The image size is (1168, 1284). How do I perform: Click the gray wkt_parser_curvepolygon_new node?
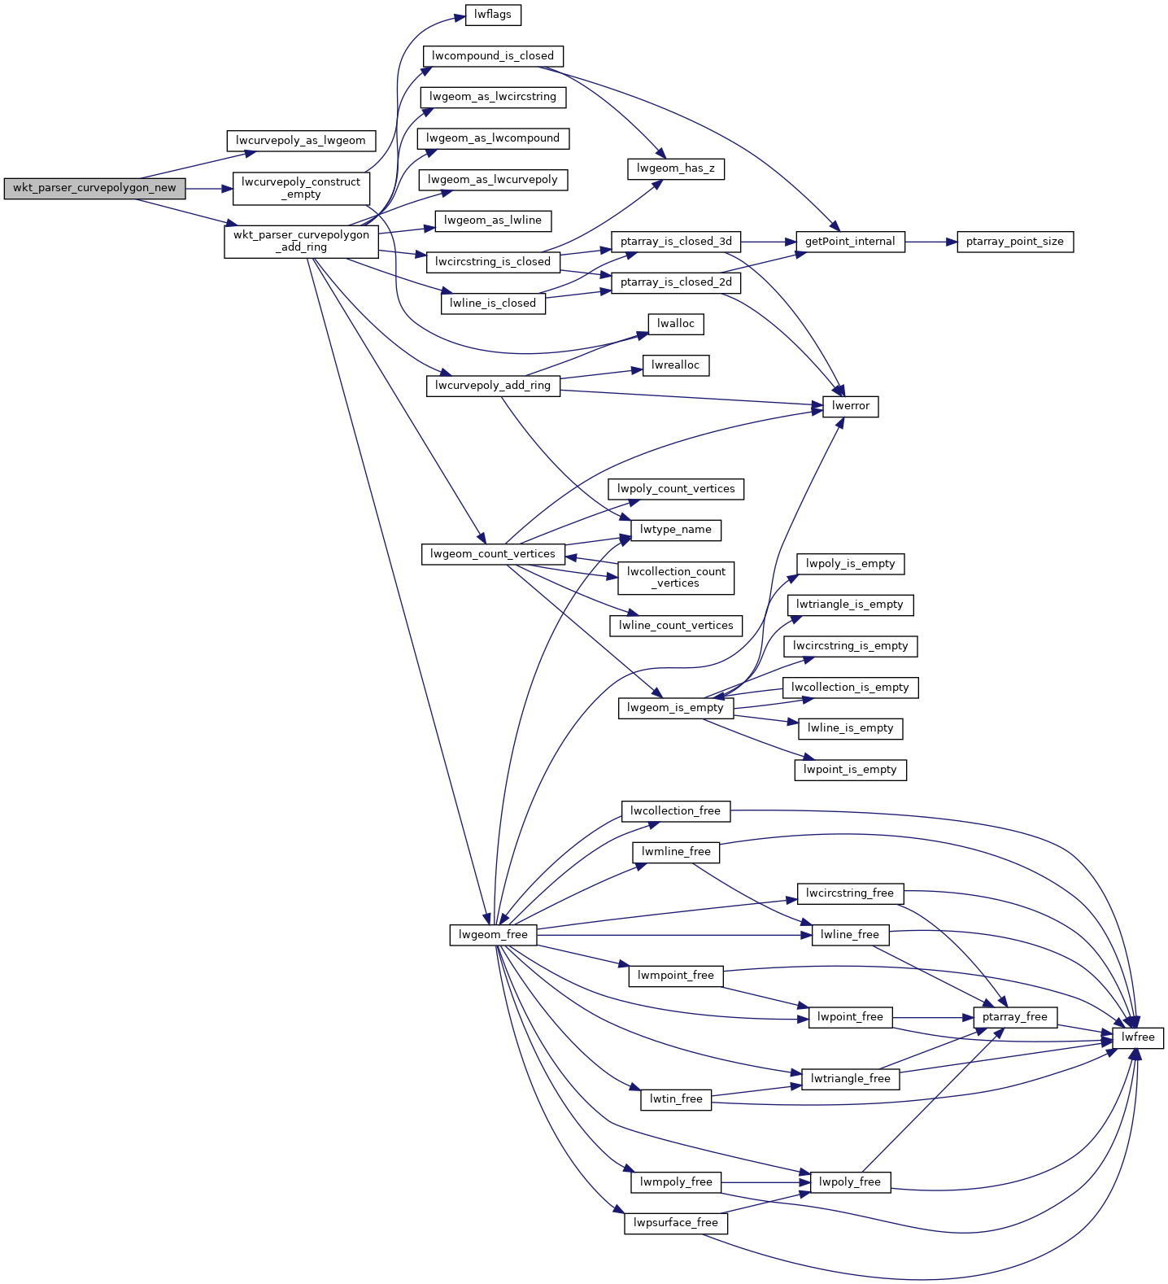94,188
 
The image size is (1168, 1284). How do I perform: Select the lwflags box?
493,15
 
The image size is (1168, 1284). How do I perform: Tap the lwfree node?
1137,1037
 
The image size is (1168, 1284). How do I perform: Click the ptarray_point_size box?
1014,242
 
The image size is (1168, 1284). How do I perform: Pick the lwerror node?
850,406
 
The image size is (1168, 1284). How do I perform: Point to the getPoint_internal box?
849,242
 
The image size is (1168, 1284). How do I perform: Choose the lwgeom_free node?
493,935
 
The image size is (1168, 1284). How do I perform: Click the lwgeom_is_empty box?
675,708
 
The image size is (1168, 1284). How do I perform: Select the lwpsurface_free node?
675,1223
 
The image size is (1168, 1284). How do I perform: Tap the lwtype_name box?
675,530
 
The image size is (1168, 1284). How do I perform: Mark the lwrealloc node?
675,365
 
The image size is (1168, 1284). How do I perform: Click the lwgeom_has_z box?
675,168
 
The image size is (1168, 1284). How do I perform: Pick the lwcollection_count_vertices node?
675,578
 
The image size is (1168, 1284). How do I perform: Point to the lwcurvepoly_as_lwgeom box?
300,141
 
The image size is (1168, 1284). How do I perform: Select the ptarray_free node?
1014,1017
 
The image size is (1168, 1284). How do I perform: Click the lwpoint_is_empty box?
849,770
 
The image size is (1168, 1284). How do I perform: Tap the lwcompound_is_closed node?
493,56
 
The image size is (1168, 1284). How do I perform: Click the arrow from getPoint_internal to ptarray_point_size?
930,242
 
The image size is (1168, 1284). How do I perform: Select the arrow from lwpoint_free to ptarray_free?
932,1017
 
